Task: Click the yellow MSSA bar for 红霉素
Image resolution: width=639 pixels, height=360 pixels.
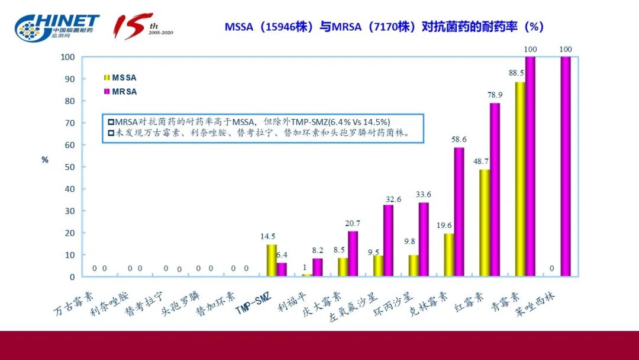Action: pyautogui.click(x=485, y=223)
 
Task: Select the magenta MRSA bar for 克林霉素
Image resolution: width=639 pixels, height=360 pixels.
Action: pyautogui.click(x=459, y=212)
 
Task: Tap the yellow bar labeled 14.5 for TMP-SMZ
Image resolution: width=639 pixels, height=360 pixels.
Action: pyautogui.click(x=272, y=261)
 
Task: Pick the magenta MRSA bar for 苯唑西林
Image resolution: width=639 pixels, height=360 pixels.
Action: pyautogui.click(x=566, y=166)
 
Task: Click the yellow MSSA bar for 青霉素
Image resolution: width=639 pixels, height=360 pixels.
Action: pyautogui.click(x=520, y=179)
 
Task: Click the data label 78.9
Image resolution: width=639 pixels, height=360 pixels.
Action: pyautogui.click(x=495, y=95)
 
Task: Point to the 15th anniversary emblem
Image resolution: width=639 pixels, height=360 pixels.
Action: pyautogui.click(x=142, y=26)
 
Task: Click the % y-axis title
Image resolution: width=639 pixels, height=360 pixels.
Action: pyautogui.click(x=45, y=160)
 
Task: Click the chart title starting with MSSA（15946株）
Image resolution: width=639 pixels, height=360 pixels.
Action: pyautogui.click(x=384, y=27)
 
